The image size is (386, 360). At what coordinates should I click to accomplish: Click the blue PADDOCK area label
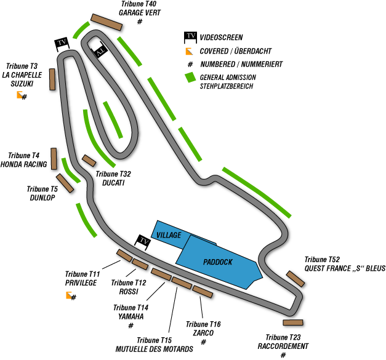coord(217,262)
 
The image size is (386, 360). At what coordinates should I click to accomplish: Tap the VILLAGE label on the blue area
coord(169,235)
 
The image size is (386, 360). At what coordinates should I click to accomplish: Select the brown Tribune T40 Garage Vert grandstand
coord(107,22)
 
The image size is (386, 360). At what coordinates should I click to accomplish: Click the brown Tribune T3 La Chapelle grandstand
coord(52,79)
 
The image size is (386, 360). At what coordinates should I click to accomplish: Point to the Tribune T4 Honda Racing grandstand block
coord(54,159)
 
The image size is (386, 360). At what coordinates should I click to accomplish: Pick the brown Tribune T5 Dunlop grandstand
coord(65,183)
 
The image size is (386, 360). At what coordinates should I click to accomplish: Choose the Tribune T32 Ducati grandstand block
coord(89,161)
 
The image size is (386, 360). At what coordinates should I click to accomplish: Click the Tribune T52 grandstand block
coord(296,279)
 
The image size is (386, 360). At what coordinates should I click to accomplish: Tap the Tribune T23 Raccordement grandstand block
coord(293,322)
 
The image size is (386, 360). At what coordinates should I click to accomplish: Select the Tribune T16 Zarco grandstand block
coord(203,292)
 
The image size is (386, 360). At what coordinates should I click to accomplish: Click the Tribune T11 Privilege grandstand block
coord(124,255)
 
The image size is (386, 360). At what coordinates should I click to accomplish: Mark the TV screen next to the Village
coord(143,242)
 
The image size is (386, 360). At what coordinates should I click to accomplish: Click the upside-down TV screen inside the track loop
coord(100,50)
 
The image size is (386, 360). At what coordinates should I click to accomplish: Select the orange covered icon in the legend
coord(189,51)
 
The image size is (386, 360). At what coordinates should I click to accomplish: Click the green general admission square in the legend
coord(191,78)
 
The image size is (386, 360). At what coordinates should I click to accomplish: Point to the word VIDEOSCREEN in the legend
coord(221,38)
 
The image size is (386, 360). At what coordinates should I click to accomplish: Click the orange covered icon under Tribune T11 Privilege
coord(69,295)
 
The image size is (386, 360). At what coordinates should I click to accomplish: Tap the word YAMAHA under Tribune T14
coord(131,316)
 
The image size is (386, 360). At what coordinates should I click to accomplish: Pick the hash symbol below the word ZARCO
coord(203,342)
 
